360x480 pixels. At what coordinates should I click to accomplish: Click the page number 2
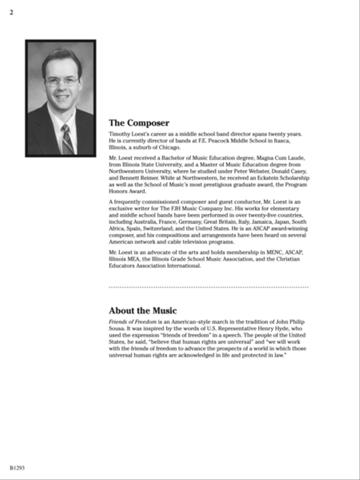click(x=12, y=12)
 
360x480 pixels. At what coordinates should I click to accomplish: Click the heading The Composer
click(x=139, y=123)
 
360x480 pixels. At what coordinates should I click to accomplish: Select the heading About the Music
click(x=142, y=311)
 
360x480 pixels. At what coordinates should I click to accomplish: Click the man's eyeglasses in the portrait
click(x=62, y=82)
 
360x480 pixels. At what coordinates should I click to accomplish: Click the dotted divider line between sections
click(x=208, y=287)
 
